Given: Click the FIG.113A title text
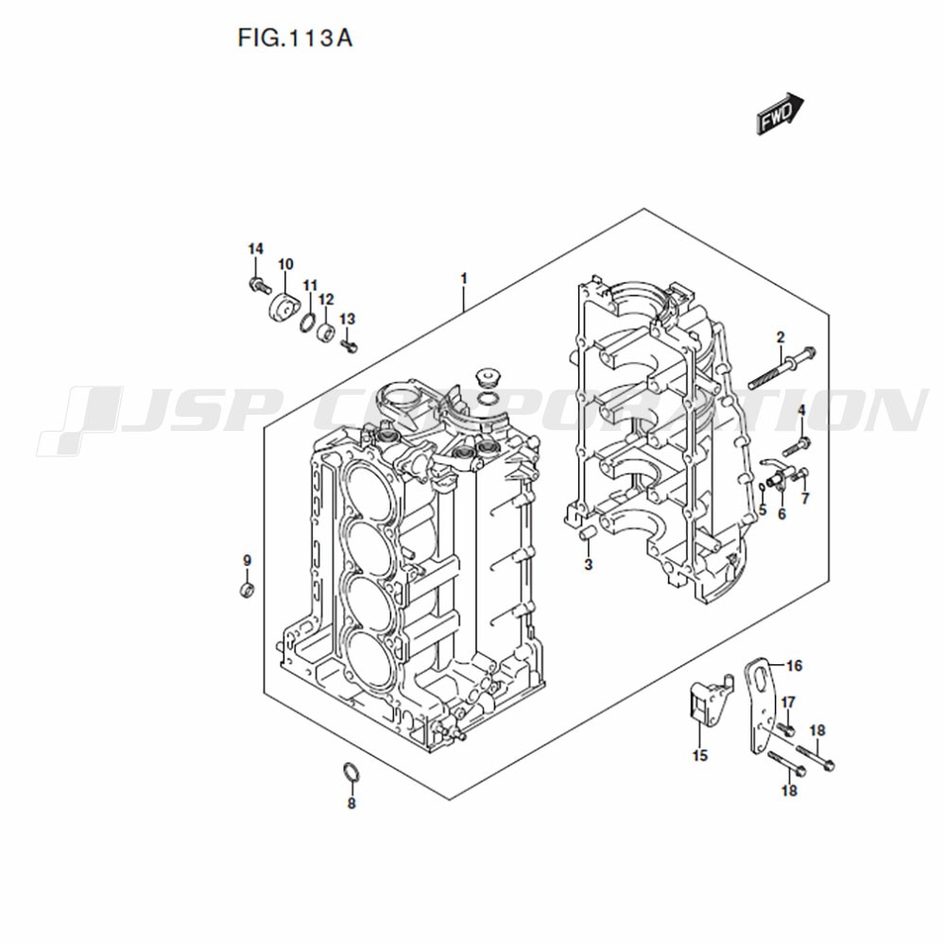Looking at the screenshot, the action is point(295,39).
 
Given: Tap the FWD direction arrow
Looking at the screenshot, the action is point(781,113).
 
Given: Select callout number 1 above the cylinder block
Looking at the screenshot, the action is point(463,279).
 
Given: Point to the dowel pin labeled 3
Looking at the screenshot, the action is point(587,533).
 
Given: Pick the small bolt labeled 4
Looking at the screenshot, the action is point(797,447).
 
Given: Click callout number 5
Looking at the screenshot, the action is point(763,510).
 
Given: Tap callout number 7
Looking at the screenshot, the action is point(805,498).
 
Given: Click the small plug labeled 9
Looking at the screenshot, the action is point(246,590).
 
